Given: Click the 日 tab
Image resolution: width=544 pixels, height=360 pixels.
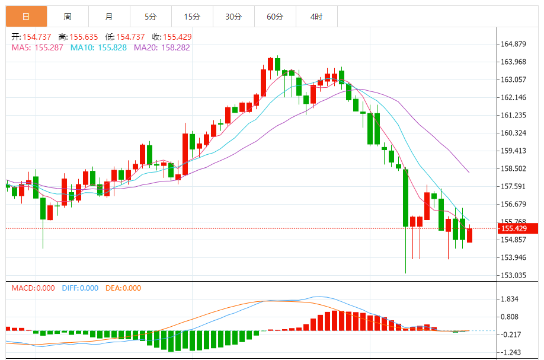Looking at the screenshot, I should coord(26,17).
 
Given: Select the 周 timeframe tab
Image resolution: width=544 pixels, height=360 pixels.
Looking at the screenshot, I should coord(68,17).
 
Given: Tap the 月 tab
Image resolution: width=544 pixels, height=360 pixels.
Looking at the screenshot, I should coord(109,17).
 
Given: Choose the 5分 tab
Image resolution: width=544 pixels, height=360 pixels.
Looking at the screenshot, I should coord(151,17).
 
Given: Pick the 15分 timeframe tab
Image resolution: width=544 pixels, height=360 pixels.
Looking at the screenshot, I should coord(192,17).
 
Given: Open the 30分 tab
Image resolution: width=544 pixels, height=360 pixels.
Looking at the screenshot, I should coord(233,17).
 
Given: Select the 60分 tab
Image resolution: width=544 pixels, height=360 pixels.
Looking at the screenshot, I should coord(275,17).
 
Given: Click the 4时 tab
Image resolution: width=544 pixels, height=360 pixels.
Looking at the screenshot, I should coord(316,17).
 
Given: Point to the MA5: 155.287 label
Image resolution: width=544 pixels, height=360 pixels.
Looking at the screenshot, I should coord(37,47).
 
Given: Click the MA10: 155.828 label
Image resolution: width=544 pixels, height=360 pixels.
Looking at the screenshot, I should coord(98,47).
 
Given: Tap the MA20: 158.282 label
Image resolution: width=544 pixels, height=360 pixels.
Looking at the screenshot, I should coord(162,47).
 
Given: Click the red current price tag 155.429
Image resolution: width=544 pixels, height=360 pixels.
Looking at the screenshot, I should coord(517,228).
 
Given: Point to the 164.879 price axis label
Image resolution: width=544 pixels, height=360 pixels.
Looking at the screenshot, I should coord(514,44).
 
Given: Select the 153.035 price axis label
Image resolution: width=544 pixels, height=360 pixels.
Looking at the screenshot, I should coord(514,275).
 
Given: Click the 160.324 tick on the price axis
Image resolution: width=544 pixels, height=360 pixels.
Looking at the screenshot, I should coord(514,133).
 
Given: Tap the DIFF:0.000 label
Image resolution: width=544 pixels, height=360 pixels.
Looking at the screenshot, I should coord(80,288).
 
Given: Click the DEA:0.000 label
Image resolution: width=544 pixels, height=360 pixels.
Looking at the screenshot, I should coord(123,288).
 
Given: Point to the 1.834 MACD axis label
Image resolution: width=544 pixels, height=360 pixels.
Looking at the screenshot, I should coord(510,300).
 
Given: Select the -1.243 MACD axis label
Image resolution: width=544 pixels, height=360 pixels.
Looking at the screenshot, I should coord(510,352).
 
